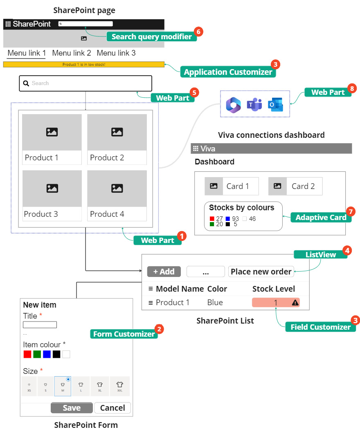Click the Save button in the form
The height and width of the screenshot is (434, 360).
click(x=72, y=408)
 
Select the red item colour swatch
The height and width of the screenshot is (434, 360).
click(x=27, y=354)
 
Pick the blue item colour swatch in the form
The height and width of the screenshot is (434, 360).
click(x=47, y=354)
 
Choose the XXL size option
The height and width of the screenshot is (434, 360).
click(x=119, y=386)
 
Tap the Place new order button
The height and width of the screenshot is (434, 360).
click(x=261, y=272)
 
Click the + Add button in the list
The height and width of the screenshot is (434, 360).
click(x=164, y=272)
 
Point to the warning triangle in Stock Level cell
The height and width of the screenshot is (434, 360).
click(x=295, y=303)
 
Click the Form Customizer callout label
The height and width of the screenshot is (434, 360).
click(x=124, y=334)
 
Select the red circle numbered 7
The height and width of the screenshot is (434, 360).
click(x=350, y=211)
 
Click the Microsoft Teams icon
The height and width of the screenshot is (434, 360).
click(x=254, y=105)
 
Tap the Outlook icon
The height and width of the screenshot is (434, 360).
click(x=275, y=105)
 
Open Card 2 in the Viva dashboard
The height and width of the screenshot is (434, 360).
click(x=295, y=186)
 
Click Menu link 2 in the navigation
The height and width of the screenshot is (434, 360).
click(x=72, y=53)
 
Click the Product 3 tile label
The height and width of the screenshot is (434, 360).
click(x=41, y=214)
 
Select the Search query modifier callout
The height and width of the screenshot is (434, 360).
click(x=151, y=37)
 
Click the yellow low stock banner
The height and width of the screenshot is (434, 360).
click(x=83, y=64)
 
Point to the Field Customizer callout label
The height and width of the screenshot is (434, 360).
click(x=320, y=327)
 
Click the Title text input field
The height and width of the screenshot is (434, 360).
click(x=40, y=325)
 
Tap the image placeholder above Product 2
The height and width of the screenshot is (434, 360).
click(x=117, y=132)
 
